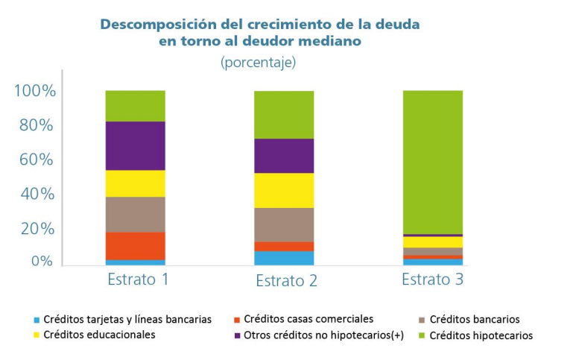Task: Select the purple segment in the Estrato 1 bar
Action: [135, 145]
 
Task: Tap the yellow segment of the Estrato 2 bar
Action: [284, 190]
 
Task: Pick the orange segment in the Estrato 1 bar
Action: [135, 245]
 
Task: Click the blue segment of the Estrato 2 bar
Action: [284, 258]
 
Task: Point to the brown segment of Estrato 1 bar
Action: [135, 215]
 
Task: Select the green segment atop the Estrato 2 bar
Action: [284, 115]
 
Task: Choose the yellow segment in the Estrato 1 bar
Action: [135, 183]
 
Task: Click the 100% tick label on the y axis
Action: [35, 91]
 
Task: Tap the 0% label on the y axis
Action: [42, 262]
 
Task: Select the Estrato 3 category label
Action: [432, 280]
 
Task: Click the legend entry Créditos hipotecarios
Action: [481, 335]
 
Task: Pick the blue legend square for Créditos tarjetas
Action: [35, 320]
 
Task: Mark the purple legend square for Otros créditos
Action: [236, 335]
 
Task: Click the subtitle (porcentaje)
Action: [258, 63]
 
